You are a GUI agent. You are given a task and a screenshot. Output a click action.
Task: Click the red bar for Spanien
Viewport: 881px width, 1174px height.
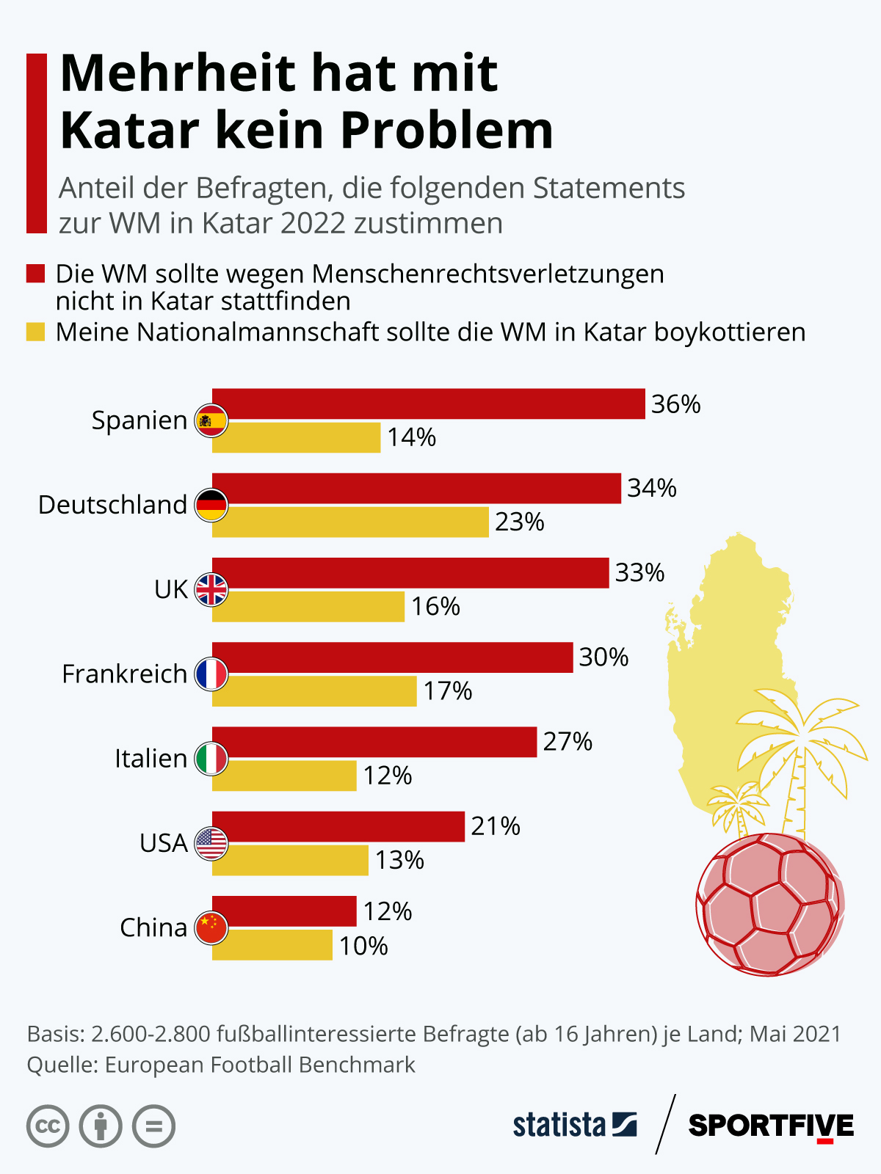coord(429,404)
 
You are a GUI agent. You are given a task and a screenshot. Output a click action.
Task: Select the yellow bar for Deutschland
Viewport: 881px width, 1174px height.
coord(351,522)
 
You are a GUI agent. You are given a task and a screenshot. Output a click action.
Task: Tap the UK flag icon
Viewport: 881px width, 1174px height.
coord(211,589)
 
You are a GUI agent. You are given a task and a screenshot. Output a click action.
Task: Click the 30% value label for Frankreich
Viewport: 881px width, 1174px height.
coord(603,657)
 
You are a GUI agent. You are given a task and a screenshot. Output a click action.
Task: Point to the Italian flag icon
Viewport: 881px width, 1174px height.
coord(211,759)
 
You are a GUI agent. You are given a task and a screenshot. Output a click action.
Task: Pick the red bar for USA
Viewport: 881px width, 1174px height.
coord(338,826)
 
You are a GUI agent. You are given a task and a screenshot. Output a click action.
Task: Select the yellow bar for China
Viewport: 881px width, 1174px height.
coord(272,945)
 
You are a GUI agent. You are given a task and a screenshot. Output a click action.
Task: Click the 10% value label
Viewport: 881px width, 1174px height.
coord(363,946)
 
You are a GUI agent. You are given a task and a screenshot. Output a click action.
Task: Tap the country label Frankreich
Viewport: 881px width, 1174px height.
coord(124,674)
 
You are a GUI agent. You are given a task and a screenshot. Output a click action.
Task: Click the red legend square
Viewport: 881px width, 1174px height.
coord(36,274)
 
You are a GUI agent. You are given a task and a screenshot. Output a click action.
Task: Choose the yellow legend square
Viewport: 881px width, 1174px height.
coord(36,332)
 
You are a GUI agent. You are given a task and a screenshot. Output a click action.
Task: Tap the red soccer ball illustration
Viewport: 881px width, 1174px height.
coord(769,904)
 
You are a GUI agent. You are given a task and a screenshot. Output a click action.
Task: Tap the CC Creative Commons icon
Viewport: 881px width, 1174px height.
coord(48,1126)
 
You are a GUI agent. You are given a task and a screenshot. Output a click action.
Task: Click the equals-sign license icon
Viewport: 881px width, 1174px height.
coord(154,1126)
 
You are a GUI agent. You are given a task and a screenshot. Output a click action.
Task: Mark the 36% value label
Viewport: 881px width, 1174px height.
coord(675,404)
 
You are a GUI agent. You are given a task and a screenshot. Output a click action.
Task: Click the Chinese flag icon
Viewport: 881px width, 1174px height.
coord(211,927)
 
